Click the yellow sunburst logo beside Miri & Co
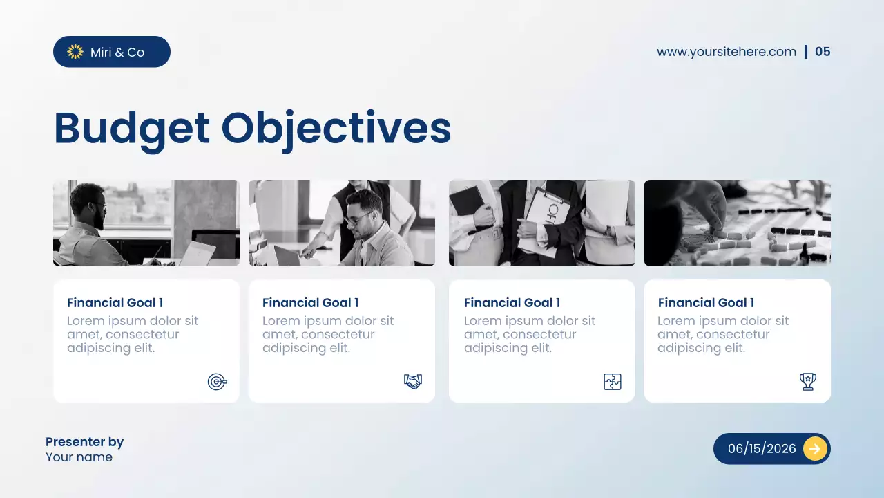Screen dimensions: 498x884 tap(75, 52)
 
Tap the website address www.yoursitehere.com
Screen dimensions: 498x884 tap(726, 52)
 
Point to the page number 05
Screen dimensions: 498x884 tap(823, 52)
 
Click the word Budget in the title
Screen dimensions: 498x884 tap(132, 129)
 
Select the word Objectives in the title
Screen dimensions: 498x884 tap(336, 129)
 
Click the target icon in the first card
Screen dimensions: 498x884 tap(217, 381)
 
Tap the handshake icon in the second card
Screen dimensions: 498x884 tap(413, 381)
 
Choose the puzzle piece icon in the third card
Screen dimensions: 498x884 tap(613, 381)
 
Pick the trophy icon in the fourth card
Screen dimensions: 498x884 tap(807, 381)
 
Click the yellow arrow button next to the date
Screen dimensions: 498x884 tap(815, 448)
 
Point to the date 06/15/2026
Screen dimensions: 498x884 tap(762, 448)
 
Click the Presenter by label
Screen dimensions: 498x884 tap(84, 442)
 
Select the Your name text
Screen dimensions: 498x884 tap(79, 457)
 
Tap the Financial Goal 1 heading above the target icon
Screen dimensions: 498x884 tap(115, 303)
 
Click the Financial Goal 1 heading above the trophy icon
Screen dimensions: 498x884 tap(706, 303)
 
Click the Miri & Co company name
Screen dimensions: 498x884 tap(117, 52)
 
